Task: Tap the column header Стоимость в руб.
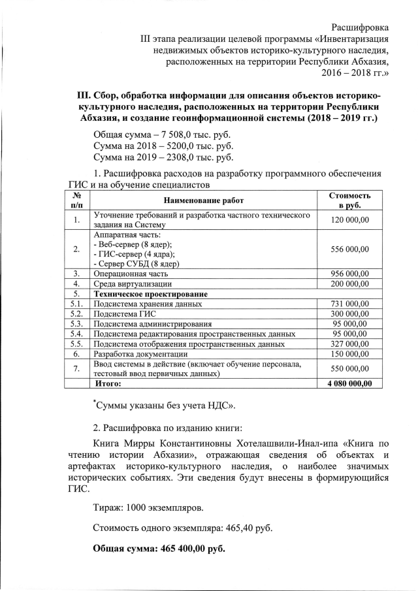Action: click(349, 200)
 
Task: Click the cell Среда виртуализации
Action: click(133, 284)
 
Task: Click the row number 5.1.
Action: click(76, 304)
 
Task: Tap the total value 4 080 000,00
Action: click(345, 383)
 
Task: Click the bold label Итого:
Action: click(109, 383)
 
